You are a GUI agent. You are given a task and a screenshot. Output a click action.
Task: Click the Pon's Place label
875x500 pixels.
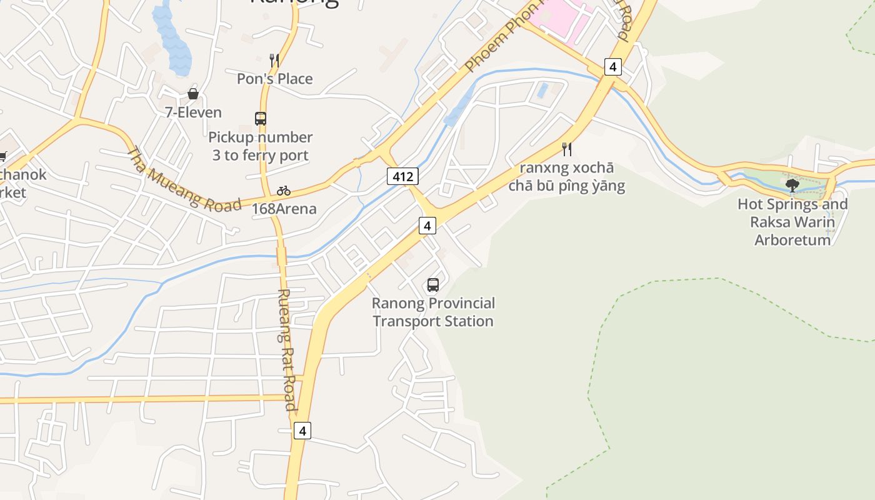point(274,79)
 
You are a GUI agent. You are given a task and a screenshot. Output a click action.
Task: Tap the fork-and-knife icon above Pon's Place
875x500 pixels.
point(274,60)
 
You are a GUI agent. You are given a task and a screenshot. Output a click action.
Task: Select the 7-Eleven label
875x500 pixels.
point(193,112)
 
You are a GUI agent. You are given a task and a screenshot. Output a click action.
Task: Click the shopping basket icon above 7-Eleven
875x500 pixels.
point(193,94)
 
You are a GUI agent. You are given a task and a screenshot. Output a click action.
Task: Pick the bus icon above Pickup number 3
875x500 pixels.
point(261,118)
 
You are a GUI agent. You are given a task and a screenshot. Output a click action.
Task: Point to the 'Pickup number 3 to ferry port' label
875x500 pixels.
point(261,146)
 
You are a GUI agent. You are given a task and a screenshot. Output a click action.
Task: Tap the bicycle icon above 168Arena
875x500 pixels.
point(284,190)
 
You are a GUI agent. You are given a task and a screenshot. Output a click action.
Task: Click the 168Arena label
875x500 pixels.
point(284,209)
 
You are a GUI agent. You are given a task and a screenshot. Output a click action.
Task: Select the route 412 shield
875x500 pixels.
point(402,176)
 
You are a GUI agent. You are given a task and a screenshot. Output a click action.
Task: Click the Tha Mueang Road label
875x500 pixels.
point(184,179)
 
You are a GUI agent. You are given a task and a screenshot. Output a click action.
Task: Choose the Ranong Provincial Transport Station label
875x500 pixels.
point(433,312)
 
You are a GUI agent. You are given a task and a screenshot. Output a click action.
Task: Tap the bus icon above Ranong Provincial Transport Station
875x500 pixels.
point(433,285)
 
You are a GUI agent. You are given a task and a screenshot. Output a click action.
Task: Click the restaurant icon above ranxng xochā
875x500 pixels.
point(567,149)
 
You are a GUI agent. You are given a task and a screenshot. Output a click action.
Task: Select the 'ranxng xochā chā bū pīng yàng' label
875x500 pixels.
point(566,177)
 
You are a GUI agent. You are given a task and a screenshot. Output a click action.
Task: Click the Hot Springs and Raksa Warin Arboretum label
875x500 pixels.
point(792,222)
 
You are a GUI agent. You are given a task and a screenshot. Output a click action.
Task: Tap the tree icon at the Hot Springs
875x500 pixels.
point(792,185)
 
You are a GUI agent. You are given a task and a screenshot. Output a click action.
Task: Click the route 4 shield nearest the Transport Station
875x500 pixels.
point(427,225)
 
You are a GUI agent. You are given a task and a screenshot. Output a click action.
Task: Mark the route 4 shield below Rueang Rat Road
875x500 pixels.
point(302,431)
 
